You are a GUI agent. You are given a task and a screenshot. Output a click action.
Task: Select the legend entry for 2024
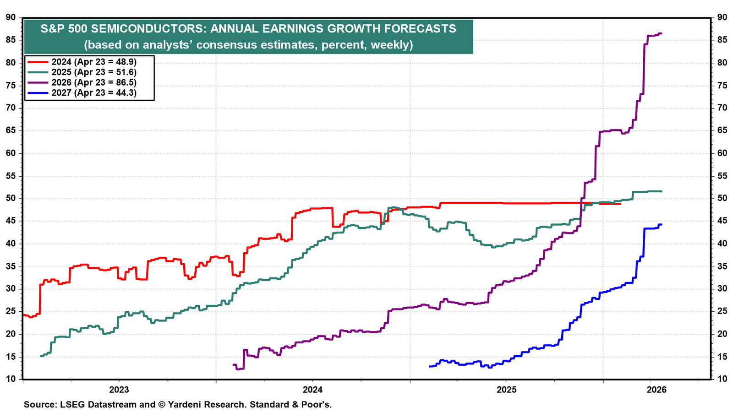point(82,62)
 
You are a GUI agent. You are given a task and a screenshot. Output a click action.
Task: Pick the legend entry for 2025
point(82,72)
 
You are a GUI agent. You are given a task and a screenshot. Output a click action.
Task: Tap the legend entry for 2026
point(82,82)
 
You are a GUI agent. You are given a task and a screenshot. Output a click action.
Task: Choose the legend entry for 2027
point(82,93)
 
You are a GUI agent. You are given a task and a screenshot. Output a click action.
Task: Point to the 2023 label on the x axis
point(119,390)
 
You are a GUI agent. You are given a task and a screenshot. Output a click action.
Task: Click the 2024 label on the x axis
point(312,390)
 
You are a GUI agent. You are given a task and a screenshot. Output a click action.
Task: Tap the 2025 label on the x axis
point(506,390)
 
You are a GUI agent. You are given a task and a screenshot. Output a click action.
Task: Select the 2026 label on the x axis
point(656,390)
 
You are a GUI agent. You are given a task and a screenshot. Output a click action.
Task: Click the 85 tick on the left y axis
point(11,40)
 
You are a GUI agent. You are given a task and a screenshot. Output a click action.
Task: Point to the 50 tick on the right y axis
point(722,198)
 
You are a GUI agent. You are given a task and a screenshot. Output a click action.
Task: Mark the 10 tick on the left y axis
point(11,379)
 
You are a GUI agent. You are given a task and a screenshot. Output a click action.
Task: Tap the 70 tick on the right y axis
point(722,108)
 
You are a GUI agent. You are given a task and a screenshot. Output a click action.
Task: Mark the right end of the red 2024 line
point(620,204)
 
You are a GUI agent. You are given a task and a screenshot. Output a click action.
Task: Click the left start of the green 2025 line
point(41,356)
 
